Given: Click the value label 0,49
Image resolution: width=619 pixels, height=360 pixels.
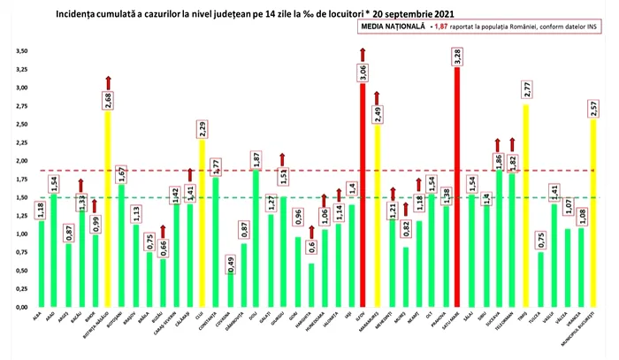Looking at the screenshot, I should click(231, 263).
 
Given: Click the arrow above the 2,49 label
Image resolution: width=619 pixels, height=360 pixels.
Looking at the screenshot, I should click(377, 96).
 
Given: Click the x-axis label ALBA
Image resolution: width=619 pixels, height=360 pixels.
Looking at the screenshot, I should click(38, 315).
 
